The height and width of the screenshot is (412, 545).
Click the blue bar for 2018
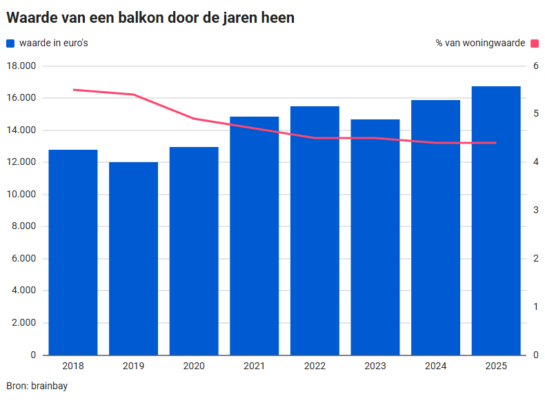pos(73,252)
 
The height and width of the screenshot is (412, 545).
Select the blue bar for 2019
pos(133,258)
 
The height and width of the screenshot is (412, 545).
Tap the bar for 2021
pos(255,235)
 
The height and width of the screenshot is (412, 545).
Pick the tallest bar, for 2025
pos(496,220)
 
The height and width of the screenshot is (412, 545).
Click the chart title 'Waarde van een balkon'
pos(150,18)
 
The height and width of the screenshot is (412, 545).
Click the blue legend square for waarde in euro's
pos(10,43)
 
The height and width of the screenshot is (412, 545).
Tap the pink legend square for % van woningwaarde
pos(533,43)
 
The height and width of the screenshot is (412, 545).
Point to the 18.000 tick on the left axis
pos(21,66)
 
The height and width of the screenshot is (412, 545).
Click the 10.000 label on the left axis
pos(21,195)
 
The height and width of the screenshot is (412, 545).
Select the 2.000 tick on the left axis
pos(24,323)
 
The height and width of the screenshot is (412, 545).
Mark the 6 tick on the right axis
pos(535,66)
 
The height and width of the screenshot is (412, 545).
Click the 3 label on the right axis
pos(535,210)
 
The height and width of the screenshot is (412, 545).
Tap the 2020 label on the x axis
pos(194,366)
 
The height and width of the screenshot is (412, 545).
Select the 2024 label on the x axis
pos(435,366)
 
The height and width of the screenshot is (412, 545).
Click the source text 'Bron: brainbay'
pos(37,386)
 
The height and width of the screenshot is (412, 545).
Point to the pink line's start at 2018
pos(73,90)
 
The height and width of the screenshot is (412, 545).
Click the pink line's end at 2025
pos(496,143)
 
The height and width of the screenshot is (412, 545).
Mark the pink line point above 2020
pos(194,119)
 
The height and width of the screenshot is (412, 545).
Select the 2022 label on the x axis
pos(315,366)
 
